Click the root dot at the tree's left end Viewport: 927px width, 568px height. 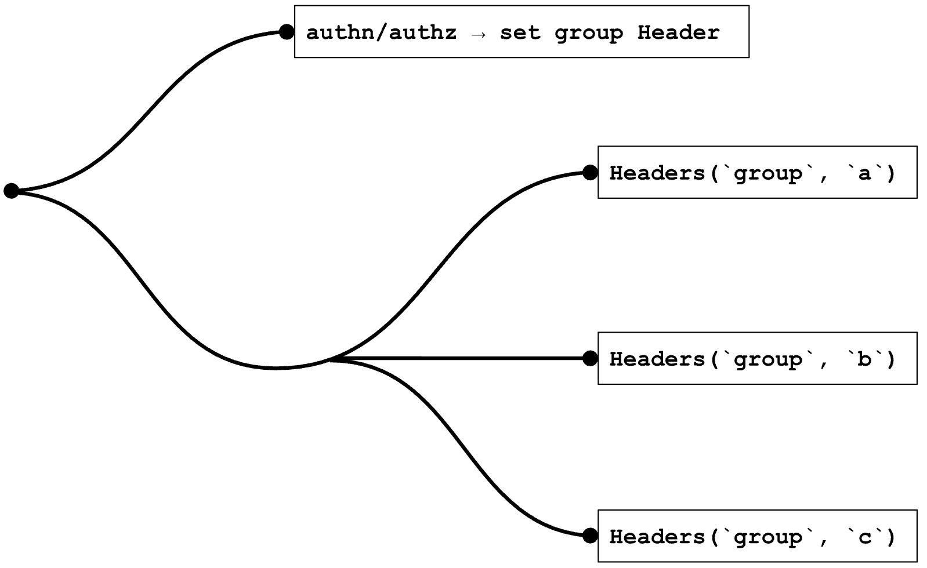point(11,190)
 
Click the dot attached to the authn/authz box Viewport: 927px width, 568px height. point(286,32)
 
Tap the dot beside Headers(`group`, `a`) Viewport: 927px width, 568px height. point(590,172)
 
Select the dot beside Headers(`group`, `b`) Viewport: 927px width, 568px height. point(590,358)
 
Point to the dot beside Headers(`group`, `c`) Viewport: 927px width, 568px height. point(590,536)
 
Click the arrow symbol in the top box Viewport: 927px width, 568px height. point(478,34)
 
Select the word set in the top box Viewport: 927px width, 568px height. point(520,32)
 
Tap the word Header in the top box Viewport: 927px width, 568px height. point(678,32)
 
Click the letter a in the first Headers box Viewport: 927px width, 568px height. point(864,173)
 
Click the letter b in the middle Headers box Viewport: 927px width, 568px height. point(864,359)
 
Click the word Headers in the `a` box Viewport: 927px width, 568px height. point(657,173)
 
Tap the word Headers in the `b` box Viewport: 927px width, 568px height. point(657,359)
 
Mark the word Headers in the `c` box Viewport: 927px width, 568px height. point(657,537)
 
